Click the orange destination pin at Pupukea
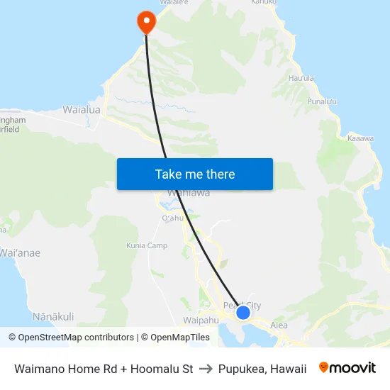tap(146, 21)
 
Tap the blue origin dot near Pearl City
tap(243, 312)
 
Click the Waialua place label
tap(82, 110)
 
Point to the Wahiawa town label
tap(188, 193)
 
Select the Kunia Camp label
tap(147, 245)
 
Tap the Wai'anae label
tap(20, 252)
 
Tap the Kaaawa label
tap(360, 138)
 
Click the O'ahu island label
tap(173, 218)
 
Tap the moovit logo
tap(347, 368)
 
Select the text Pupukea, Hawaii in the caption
tap(262, 369)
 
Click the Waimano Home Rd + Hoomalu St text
tap(104, 369)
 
